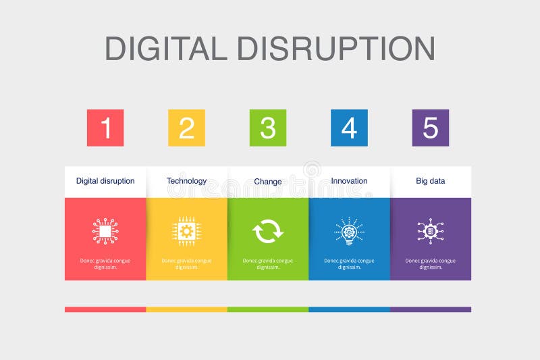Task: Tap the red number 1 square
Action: tap(105, 128)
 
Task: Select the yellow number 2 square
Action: tap(186, 128)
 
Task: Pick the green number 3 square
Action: tap(268, 128)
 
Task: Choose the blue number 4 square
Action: tap(349, 128)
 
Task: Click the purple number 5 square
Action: tap(431, 128)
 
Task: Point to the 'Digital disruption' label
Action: tap(105, 181)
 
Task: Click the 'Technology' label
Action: tap(186, 181)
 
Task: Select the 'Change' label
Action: tap(268, 182)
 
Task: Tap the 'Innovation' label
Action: tap(349, 181)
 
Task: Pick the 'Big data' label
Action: tap(431, 181)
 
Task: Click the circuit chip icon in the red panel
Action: tap(105, 231)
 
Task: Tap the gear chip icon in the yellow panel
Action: tap(186, 231)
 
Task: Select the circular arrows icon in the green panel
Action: tap(268, 232)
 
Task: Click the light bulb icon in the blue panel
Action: tap(349, 231)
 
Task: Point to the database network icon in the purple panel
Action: tap(431, 231)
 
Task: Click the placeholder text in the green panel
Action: tap(268, 263)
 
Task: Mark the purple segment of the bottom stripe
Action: tap(431, 309)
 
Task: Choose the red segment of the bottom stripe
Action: tap(105, 309)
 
